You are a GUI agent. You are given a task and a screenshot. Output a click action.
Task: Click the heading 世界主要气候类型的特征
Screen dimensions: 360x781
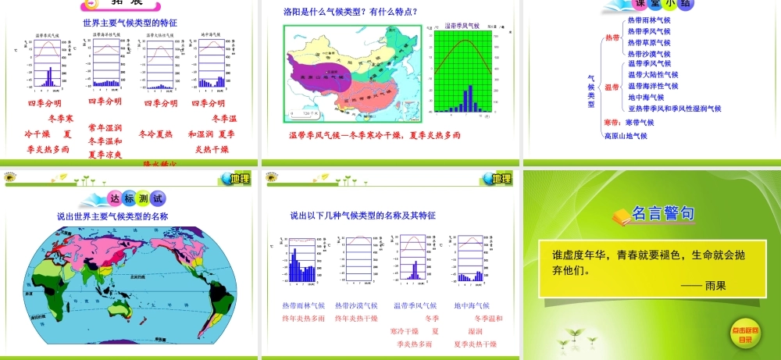(130, 23)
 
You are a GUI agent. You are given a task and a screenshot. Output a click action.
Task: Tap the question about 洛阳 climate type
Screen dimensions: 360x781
(349, 12)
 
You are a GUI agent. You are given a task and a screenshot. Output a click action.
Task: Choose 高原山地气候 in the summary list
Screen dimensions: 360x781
(626, 136)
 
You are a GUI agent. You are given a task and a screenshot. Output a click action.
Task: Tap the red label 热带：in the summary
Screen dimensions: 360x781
(613, 37)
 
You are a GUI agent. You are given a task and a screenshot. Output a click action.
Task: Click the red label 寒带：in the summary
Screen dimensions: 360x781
(613, 123)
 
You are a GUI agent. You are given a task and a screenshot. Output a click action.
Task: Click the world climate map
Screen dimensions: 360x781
(131, 285)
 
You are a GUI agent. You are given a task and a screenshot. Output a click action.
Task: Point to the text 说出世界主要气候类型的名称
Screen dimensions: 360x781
(112, 216)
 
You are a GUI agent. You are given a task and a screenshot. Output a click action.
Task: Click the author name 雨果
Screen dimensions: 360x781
(715, 286)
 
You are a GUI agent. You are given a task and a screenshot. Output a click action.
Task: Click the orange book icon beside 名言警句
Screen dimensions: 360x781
(621, 216)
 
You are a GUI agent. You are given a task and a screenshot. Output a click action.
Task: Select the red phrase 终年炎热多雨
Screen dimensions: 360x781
(304, 319)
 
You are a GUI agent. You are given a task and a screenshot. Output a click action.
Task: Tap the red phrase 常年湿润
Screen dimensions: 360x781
(105, 127)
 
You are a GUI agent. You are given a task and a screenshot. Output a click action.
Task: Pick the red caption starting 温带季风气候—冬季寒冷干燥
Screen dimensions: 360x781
(375, 135)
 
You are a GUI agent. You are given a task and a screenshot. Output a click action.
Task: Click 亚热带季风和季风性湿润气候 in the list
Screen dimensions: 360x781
(674, 109)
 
